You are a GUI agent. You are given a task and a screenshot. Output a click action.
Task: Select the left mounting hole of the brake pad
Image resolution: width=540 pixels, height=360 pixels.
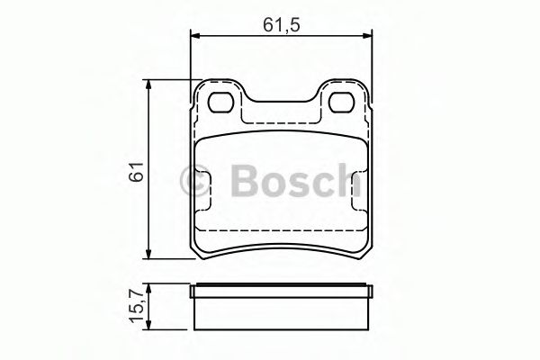point(220,103)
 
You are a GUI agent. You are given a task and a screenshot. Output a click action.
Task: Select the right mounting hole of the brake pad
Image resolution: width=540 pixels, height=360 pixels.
point(343,103)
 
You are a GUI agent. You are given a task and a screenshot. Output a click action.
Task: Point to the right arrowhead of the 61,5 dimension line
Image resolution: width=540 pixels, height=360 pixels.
point(367,36)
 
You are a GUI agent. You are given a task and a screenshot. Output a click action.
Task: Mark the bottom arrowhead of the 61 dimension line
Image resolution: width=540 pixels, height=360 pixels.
point(150,255)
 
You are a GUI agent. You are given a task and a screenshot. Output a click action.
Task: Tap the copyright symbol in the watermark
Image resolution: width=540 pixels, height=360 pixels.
point(196,184)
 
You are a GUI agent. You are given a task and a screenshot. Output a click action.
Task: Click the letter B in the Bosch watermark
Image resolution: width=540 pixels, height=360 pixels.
point(242,183)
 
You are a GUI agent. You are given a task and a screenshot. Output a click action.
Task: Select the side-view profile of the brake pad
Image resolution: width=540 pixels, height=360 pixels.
point(282,308)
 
